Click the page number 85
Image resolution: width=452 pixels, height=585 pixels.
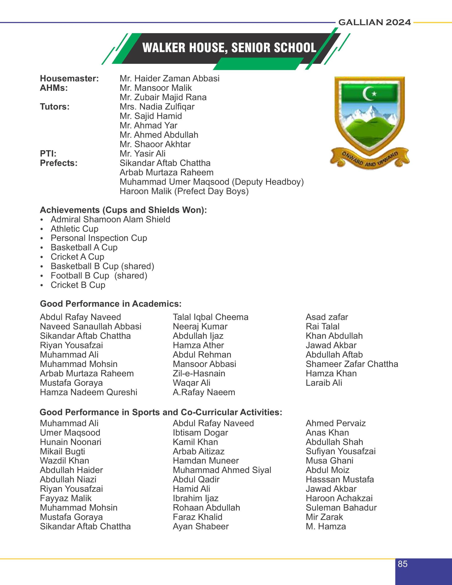point(402,564)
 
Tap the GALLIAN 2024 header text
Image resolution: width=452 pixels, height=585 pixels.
point(374,22)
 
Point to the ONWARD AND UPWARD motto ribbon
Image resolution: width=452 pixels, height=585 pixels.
point(370,160)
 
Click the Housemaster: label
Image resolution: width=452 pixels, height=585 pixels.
point(69,78)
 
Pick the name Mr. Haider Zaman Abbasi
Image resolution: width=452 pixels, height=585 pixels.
point(169,78)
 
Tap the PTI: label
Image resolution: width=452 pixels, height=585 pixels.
point(48,154)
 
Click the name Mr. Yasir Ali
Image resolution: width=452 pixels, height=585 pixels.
point(142,154)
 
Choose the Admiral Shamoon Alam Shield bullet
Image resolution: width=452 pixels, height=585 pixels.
point(110,219)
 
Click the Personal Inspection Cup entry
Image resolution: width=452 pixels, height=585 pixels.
point(98,238)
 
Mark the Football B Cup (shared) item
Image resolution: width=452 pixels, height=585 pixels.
point(99,275)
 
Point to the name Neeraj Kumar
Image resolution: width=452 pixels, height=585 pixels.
point(200,326)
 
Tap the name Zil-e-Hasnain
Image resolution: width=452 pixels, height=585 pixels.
point(199,373)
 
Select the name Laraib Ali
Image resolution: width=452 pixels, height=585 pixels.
point(324,383)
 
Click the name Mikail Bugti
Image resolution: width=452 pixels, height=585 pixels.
point(62,451)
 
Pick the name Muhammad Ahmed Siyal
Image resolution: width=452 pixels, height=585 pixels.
point(222,470)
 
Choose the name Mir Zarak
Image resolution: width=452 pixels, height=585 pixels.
point(324,517)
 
